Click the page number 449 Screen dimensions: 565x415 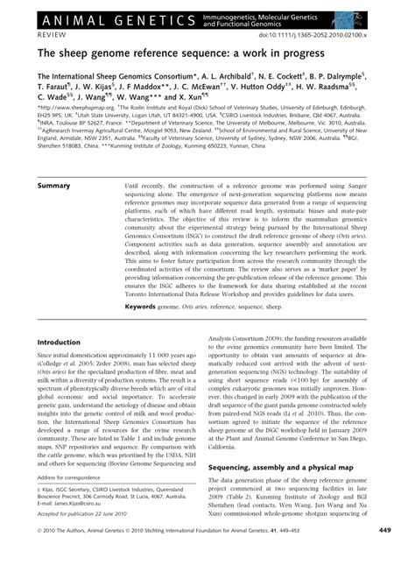coord(384,554)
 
